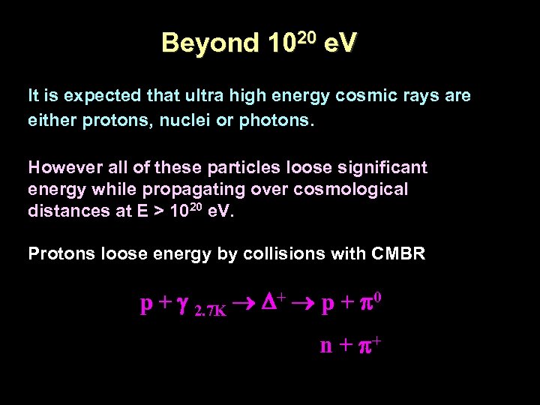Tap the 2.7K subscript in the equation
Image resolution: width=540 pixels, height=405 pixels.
(210, 310)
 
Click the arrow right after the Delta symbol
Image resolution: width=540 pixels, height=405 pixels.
(303, 304)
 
